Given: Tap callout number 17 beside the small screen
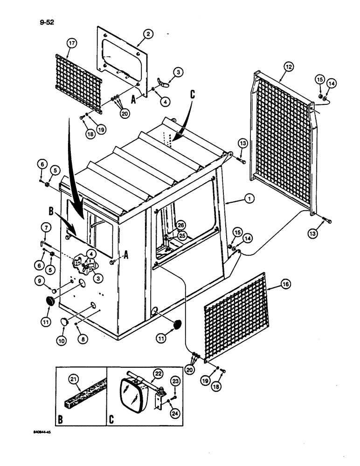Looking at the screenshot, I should point(72,44).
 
